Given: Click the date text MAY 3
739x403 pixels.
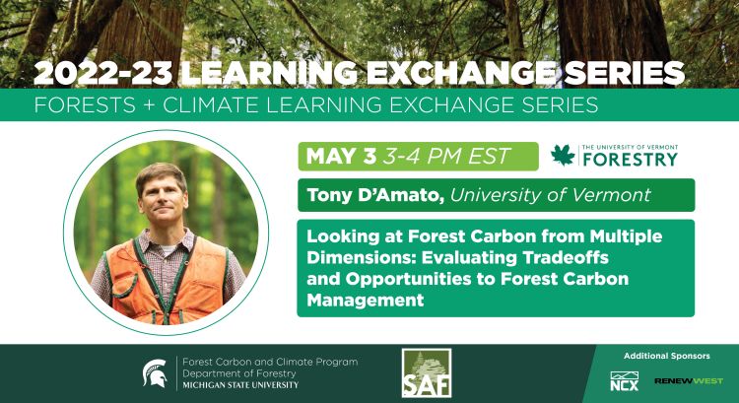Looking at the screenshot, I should pyautogui.click(x=344, y=156).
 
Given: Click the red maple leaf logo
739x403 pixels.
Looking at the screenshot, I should pyautogui.click(x=563, y=155).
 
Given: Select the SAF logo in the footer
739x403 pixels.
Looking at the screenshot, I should pyautogui.click(x=427, y=373).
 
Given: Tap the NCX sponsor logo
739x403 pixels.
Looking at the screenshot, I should pyautogui.click(x=625, y=379).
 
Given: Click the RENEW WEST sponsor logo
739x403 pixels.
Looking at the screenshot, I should pyautogui.click(x=689, y=380).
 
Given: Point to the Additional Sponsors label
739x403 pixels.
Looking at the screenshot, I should pyautogui.click(x=666, y=355).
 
